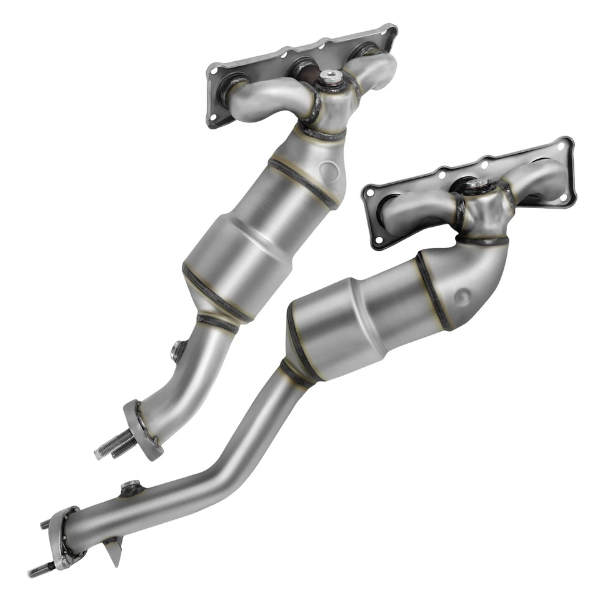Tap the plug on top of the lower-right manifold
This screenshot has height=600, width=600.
(478, 185)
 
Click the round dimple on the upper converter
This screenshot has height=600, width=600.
(330, 169)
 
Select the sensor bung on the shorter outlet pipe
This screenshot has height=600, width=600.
(177, 350)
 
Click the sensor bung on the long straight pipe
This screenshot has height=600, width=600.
(129, 487)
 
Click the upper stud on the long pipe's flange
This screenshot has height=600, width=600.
(46, 524)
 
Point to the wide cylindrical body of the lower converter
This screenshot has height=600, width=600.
(337, 325)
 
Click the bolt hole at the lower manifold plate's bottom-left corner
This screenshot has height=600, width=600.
(378, 239)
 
